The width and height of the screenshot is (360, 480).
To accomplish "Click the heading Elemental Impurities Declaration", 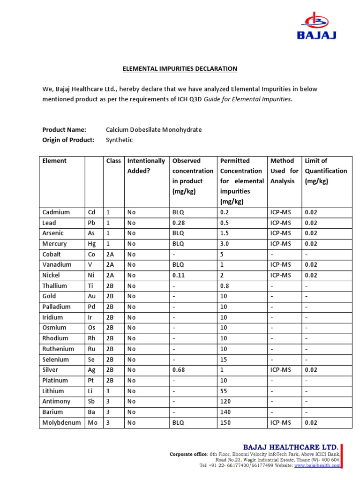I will coord(180,69).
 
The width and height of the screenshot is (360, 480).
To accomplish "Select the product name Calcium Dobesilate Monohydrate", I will coord(154,130).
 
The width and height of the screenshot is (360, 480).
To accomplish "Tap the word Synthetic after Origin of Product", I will coord(119,140).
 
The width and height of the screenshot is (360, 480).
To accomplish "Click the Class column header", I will coord(113,161).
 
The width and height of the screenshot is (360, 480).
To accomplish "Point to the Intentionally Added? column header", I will coord(146,165).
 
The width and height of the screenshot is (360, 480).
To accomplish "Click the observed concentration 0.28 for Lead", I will coord(179,223).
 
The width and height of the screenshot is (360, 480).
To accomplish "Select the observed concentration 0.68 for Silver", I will coord(179,370).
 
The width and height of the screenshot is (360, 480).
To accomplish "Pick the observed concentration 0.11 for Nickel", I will coord(179,275).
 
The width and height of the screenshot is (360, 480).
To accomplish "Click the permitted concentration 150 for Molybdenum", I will coord(225,422).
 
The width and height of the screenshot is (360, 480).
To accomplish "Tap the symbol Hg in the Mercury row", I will coord(92,244).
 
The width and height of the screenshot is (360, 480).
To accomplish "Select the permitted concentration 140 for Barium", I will coord(225,412).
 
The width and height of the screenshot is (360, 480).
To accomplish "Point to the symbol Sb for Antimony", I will coord(91,401).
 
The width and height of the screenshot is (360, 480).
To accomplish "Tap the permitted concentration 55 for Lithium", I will coord(224,391).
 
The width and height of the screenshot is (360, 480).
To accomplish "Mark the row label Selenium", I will coord(55,360).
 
